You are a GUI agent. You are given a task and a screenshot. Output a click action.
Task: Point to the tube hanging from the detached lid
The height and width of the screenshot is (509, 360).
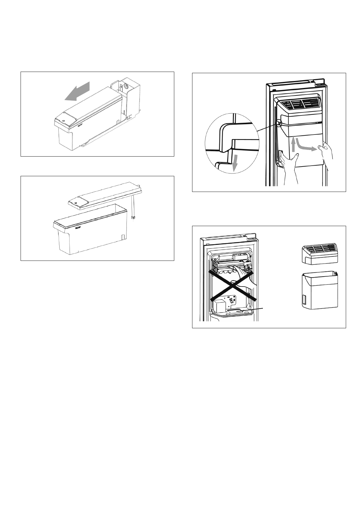click(133, 206)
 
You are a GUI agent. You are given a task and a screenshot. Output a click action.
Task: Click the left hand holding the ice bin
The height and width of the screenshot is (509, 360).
click(288, 165)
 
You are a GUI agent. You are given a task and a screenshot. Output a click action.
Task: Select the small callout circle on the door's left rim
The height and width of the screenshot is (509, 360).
click(279, 123)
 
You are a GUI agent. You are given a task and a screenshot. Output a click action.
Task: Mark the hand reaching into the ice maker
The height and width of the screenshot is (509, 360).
click(244, 275)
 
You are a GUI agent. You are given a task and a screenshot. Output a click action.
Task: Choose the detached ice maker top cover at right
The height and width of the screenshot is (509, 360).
click(320, 254)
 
